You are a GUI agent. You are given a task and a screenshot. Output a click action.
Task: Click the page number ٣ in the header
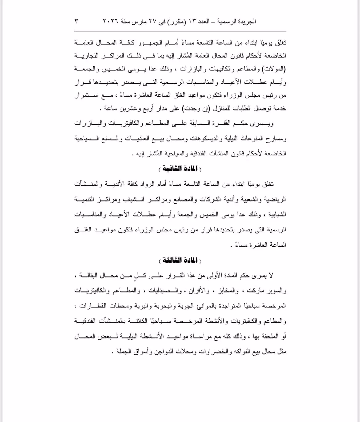pos(76,22)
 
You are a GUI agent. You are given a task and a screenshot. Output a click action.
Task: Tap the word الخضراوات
pos(211,351)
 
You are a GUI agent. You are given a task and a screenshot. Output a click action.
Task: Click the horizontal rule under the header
pos(180,31)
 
